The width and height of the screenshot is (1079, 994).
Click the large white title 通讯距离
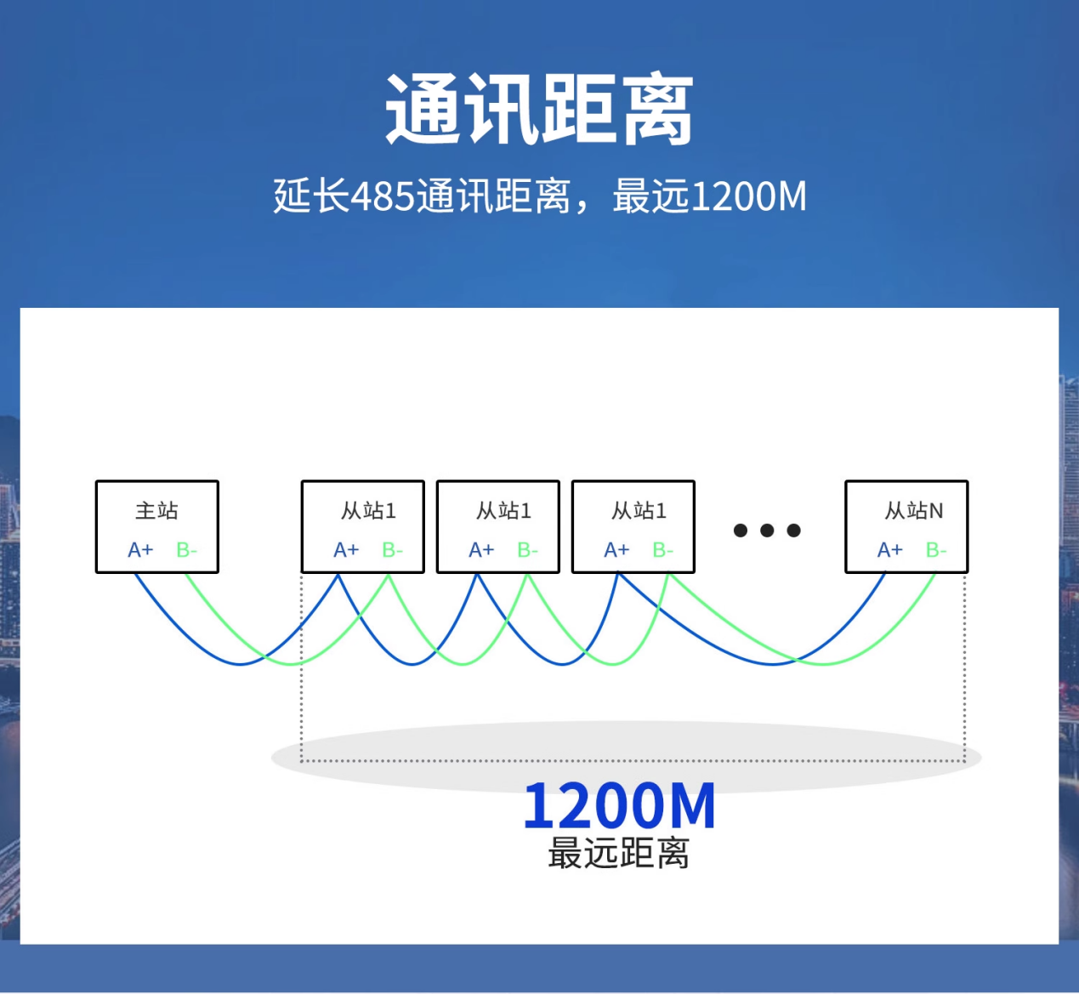539,109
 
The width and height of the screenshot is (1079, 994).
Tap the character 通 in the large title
423,109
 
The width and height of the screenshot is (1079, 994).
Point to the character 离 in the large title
656,109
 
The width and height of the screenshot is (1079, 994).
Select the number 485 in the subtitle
383,196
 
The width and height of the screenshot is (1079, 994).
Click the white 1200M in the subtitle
748,196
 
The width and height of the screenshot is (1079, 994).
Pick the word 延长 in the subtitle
311,196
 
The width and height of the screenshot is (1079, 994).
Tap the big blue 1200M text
619,806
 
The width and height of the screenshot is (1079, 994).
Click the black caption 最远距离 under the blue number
618,854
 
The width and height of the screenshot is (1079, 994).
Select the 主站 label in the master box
156,510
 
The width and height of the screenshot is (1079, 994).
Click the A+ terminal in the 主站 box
140,549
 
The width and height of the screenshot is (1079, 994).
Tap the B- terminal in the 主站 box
187,549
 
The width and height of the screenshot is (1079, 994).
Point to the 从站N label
914,510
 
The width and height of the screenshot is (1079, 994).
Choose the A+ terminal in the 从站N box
890,549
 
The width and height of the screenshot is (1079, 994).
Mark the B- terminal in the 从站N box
936,549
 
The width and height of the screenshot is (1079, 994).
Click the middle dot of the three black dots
767,531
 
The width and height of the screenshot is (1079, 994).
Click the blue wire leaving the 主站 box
241,664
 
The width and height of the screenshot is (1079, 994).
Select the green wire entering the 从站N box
824,664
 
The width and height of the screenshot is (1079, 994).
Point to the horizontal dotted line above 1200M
633,760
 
